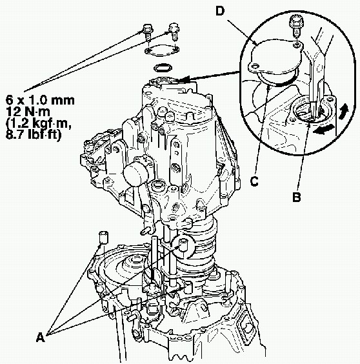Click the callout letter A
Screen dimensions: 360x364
click(41, 337)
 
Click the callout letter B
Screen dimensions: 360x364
click(296, 197)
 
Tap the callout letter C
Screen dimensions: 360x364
click(254, 181)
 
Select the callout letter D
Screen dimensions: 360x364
click(220, 11)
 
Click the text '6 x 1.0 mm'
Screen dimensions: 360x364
click(40, 100)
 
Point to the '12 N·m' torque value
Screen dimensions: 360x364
click(28, 112)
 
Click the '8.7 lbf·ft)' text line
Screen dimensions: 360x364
click(34, 135)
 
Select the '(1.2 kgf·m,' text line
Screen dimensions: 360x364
click(39, 124)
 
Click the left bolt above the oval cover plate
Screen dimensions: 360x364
click(147, 32)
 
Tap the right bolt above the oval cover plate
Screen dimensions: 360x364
click(174, 32)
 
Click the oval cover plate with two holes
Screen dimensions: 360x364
click(162, 50)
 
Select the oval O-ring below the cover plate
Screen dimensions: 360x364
click(163, 68)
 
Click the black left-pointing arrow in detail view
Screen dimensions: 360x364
click(323, 130)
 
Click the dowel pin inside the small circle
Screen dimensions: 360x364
click(183, 247)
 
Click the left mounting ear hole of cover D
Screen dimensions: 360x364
click(254, 66)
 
